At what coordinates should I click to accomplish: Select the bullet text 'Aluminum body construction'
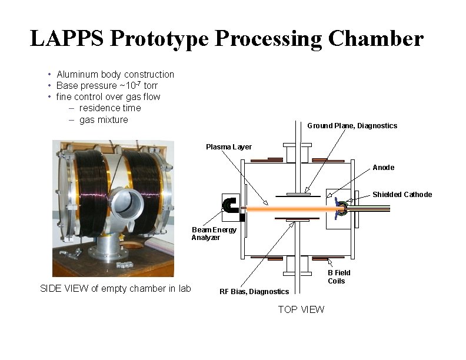pos(115,74)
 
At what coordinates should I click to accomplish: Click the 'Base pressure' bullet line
pos(107,85)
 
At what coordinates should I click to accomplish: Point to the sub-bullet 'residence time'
pos(110,108)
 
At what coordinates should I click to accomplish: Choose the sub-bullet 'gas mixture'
pos(104,119)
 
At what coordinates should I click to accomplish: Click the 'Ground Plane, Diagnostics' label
pos(352,125)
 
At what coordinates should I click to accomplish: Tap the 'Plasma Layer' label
pos(228,146)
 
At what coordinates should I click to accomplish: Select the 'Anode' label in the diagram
pos(383,168)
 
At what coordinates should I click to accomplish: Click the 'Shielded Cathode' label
pos(402,195)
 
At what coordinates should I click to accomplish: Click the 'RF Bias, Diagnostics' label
pos(254,291)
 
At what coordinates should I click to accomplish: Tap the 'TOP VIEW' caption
pos(301,309)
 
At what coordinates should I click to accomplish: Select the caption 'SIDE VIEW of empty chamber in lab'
pos(115,288)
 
